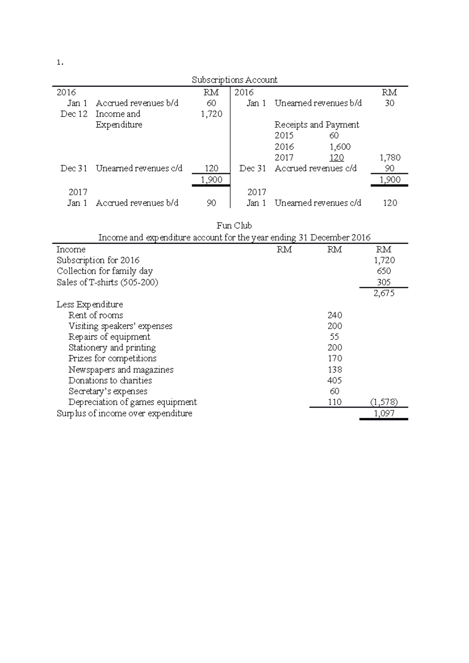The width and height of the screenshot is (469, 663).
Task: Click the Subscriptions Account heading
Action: [x=234, y=80]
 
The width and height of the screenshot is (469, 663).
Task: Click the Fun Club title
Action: [x=234, y=226]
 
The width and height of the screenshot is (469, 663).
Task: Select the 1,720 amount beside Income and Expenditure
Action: [x=211, y=114]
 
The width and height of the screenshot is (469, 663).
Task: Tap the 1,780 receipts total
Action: [x=390, y=158]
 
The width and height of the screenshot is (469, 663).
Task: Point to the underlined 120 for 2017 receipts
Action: [x=336, y=158]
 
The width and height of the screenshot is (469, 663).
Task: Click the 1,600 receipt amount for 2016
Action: [x=340, y=147]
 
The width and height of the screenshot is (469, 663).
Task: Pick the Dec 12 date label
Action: [x=74, y=114]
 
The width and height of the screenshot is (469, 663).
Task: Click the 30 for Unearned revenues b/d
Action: [x=389, y=103]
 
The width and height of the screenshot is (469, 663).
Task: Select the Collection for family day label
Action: [x=104, y=271]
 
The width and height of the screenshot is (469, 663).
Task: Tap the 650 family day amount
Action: [x=384, y=271]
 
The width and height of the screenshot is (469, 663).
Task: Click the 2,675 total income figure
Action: [x=384, y=293]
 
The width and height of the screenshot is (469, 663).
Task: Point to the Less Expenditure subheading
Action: [x=90, y=304]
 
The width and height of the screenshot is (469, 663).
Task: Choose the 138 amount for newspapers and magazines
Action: [x=335, y=369]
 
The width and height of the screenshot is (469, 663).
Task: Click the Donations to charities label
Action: [x=110, y=380]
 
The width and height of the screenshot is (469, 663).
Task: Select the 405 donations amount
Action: [x=335, y=380]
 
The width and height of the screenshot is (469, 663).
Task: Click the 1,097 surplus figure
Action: [x=384, y=413]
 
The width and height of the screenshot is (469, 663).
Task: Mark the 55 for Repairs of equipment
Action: [x=334, y=337]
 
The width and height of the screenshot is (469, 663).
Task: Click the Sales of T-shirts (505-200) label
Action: [x=107, y=282]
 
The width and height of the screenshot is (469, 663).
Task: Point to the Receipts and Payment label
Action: [x=317, y=125]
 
